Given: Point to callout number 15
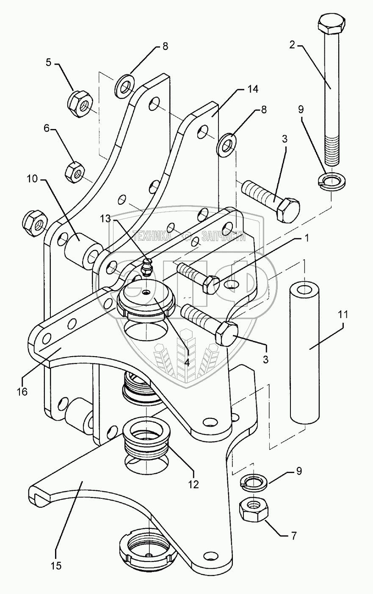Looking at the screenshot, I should click(57, 566).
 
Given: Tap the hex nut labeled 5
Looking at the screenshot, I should click(80, 102).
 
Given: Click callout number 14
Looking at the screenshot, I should click(253, 89).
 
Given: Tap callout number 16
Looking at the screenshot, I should click(22, 391).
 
